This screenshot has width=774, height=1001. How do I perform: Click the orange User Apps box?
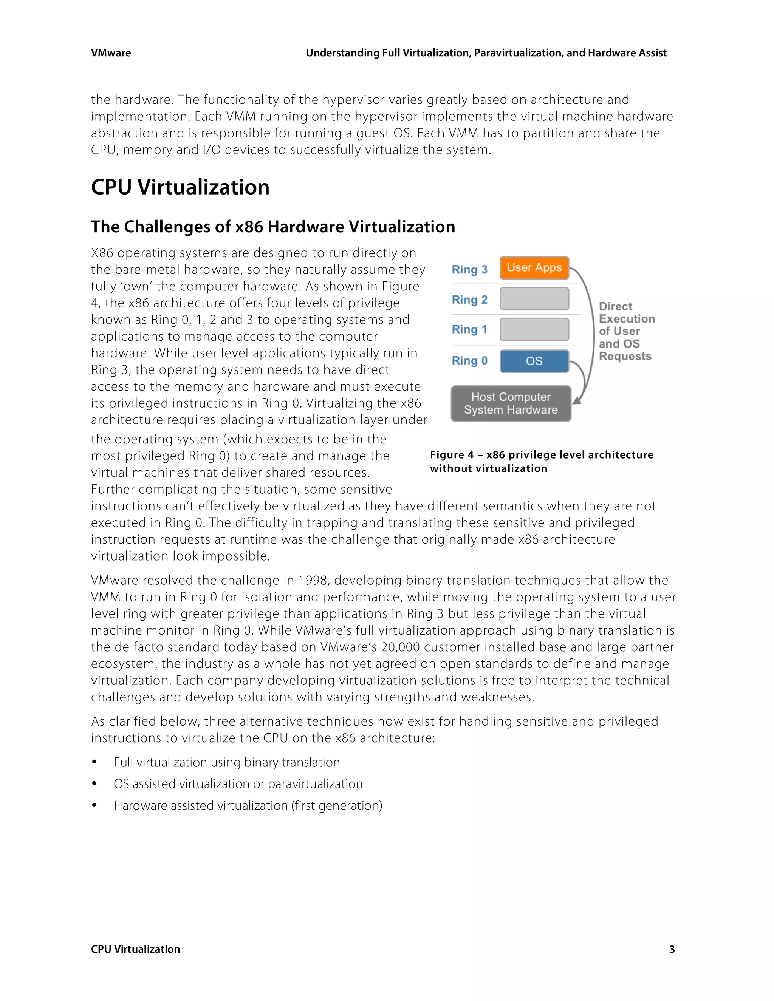point(534,268)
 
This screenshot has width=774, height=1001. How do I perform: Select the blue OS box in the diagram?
point(534,361)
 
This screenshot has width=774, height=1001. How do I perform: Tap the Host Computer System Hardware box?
point(511,403)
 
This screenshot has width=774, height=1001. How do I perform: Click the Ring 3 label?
point(469,269)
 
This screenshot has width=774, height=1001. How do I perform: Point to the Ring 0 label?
point(469,361)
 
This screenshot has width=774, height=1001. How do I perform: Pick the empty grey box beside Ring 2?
point(534,299)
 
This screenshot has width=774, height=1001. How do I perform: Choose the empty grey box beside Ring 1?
point(534,329)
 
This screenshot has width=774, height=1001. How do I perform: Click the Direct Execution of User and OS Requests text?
point(626,331)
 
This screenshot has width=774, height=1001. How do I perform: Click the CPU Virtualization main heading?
point(180,187)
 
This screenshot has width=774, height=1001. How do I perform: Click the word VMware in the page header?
point(111,53)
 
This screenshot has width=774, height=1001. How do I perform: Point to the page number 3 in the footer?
point(672,949)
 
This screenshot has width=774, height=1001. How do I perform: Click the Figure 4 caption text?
point(541,461)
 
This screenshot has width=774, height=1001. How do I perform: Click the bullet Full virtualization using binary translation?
point(226,762)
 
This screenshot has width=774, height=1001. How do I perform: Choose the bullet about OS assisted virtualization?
point(238,784)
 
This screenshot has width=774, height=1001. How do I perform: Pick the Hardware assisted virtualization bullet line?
point(248,806)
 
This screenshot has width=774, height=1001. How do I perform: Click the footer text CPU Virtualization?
point(135,949)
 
